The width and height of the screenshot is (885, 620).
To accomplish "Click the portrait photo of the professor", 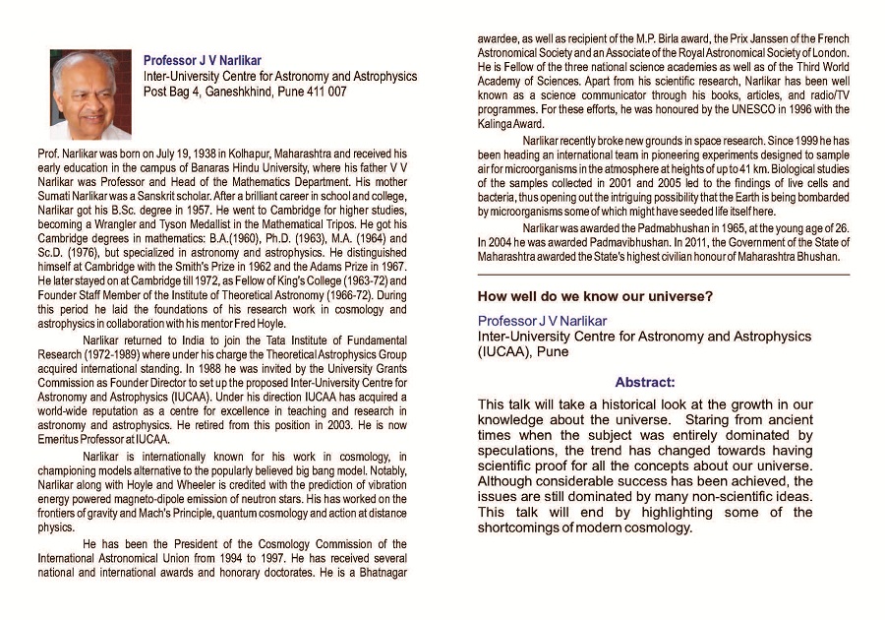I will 89,95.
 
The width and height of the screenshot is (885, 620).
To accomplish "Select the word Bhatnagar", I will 379,572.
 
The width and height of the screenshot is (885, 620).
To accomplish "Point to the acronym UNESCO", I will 749,112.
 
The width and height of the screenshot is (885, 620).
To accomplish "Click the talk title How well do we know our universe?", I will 595,296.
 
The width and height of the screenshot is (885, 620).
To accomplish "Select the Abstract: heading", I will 644,382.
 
